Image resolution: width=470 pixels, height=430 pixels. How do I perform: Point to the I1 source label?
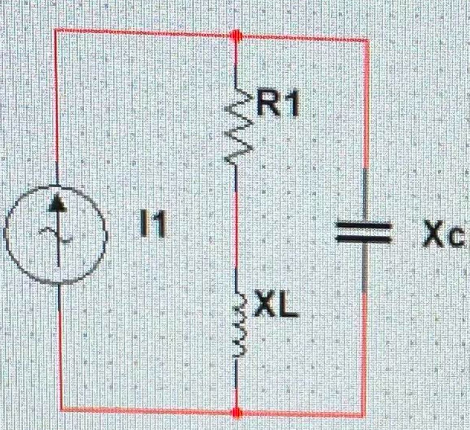click(x=153, y=227)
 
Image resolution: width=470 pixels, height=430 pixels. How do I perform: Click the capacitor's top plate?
click(x=363, y=225)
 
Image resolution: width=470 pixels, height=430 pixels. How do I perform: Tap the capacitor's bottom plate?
click(x=363, y=239)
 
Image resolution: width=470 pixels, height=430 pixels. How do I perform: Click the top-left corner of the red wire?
click(x=56, y=30)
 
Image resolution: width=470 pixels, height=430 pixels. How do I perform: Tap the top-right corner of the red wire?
click(x=368, y=41)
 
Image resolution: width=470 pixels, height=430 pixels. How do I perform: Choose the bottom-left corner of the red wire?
click(x=62, y=409)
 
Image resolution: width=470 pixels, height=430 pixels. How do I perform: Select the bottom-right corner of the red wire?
click(x=363, y=415)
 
